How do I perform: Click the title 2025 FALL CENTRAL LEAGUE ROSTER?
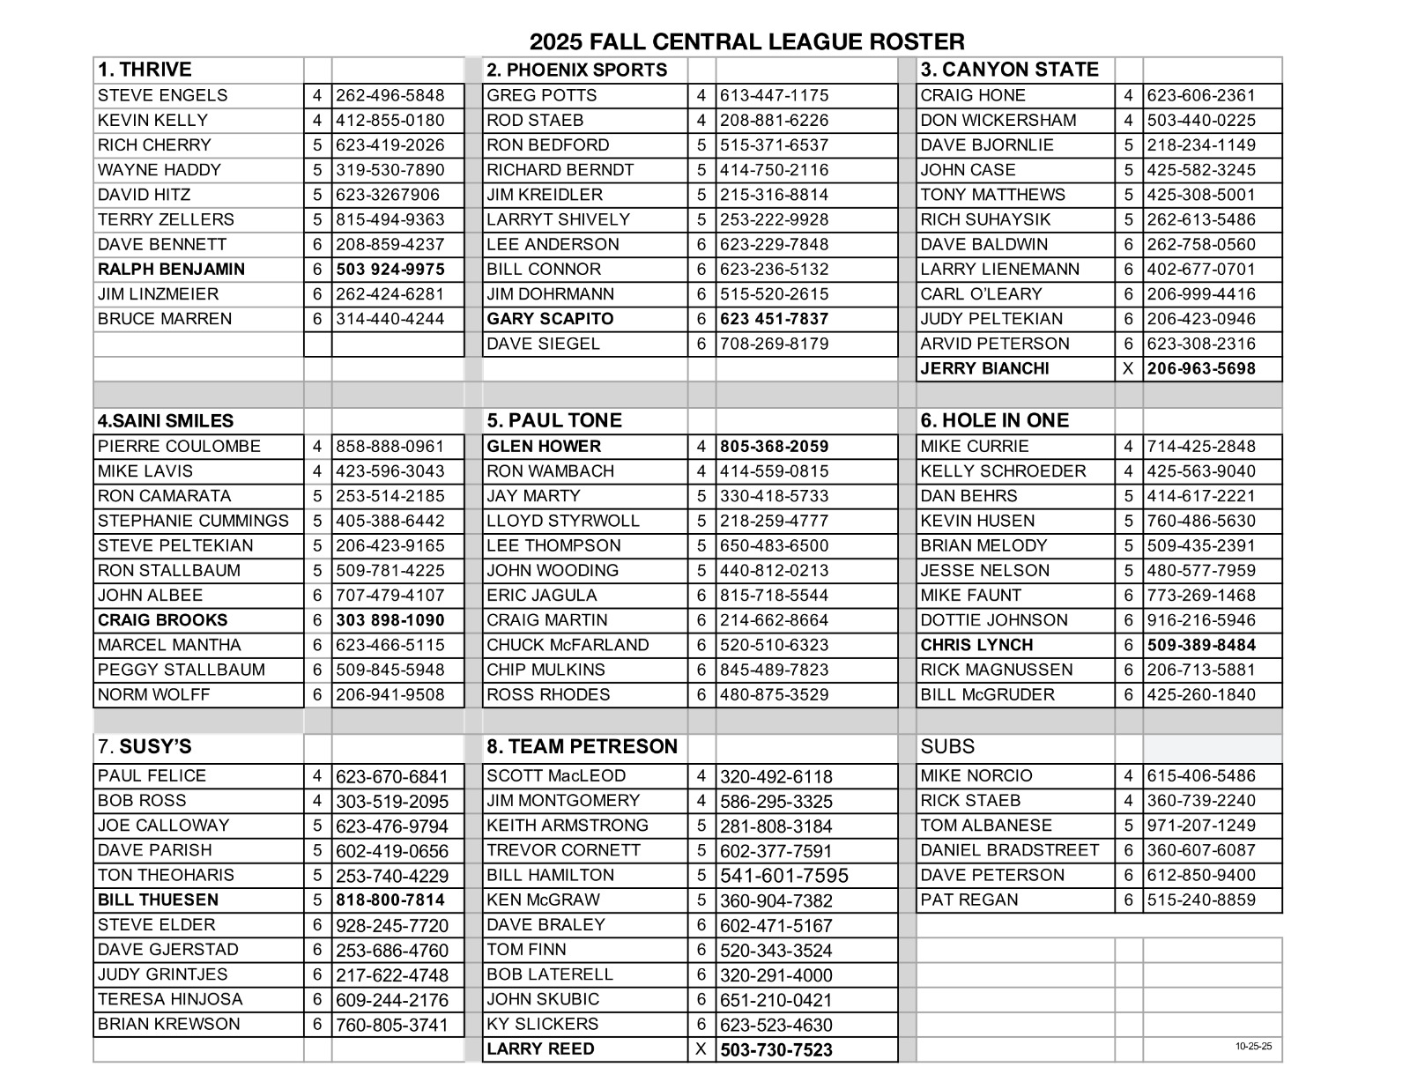coord(746,41)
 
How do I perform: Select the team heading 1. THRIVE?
coord(145,70)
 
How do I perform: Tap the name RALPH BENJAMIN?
coord(171,270)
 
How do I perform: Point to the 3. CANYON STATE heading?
coord(1009,70)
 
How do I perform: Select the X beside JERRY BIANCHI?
coord(1128,369)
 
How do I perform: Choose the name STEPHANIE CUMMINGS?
coord(193,521)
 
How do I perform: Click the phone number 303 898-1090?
coord(390,620)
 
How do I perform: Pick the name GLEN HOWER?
coord(543,447)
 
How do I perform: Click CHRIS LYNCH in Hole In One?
coord(976,645)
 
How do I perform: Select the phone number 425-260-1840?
coord(1201,695)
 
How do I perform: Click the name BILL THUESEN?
coord(158,900)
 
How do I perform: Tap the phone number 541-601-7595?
coord(784,876)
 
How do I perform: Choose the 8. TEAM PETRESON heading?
coord(582,747)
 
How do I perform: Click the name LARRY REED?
coord(540,1049)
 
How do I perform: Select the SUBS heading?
coord(947,747)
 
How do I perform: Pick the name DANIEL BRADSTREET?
coord(1009,851)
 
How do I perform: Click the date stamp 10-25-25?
coord(1253,1047)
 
